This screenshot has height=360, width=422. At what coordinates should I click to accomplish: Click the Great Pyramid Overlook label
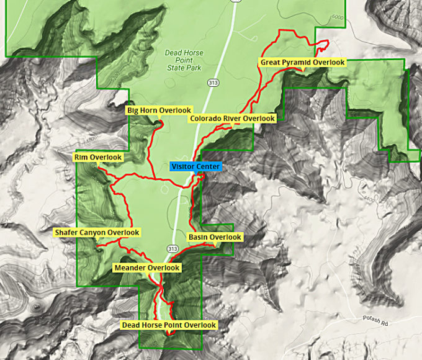point(302,62)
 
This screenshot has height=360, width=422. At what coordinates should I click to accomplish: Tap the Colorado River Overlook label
point(232,118)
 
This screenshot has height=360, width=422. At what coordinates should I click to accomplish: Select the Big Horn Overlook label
point(159,110)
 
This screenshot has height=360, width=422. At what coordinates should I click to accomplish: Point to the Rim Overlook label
point(98,157)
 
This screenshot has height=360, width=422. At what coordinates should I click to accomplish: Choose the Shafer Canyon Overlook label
point(97,232)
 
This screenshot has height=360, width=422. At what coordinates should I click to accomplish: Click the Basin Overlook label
point(215,237)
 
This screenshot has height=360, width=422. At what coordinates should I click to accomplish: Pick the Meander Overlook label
point(147,268)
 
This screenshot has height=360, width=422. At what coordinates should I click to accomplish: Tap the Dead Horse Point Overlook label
point(169,325)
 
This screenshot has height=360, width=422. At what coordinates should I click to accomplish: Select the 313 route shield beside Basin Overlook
point(173,249)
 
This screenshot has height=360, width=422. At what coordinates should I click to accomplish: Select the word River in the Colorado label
point(231,118)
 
